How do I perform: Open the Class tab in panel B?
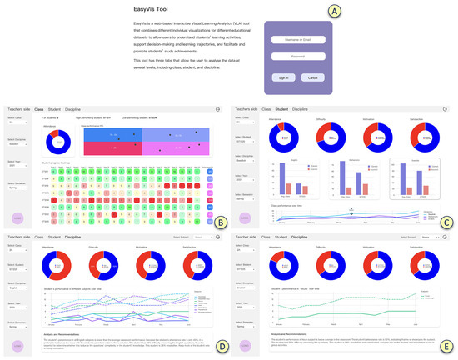pos(37,108)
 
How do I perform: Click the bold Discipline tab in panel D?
pos(73,237)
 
